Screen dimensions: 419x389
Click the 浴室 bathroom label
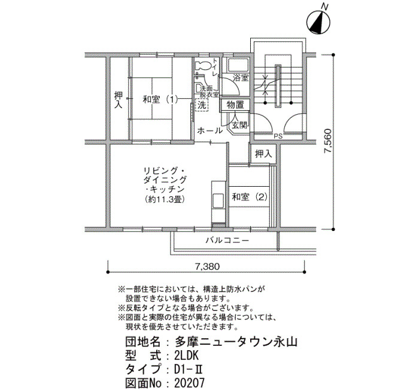click(241, 78)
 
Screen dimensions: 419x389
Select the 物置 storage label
click(235, 105)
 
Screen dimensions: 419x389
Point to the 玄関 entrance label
click(239, 124)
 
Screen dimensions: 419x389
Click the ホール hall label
click(210, 130)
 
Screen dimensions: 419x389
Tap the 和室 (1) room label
click(160, 100)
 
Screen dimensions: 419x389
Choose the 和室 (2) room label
click(250, 197)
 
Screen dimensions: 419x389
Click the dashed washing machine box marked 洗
click(202, 105)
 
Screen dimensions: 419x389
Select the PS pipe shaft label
click(278, 136)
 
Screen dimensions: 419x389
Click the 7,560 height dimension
click(328, 141)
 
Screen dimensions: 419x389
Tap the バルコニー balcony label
click(227, 241)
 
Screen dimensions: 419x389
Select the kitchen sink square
click(218, 200)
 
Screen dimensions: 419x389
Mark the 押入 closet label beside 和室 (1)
click(118, 100)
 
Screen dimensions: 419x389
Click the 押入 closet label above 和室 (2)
click(263, 154)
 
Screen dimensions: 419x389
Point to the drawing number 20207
click(189, 382)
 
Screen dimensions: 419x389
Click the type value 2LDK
click(187, 356)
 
